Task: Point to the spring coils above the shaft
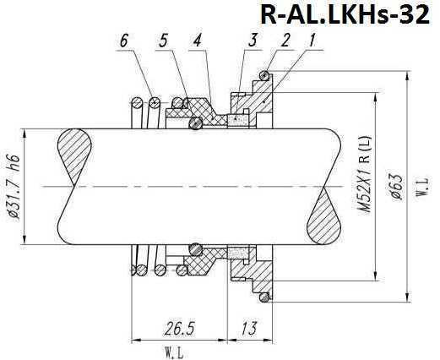click(x=147, y=105)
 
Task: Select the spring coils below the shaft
click(x=147, y=262)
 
